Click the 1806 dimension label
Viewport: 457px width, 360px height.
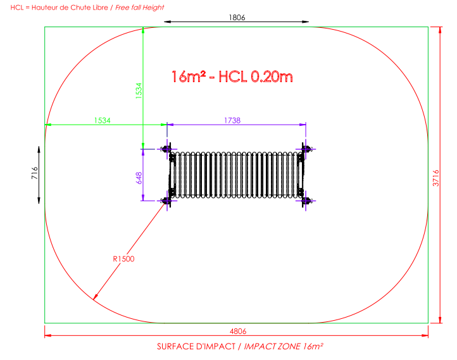tap(237, 18)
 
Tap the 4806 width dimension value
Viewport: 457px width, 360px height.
tap(238, 331)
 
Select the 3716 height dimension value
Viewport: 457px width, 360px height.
tap(435, 178)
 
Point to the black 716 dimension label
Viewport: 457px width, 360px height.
tap(35, 173)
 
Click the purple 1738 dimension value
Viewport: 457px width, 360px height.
tap(232, 120)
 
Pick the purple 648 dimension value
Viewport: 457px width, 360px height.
tap(139, 178)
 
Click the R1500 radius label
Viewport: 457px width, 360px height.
tap(123, 259)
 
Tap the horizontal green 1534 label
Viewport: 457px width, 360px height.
tap(103, 120)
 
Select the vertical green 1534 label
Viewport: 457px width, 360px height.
tap(139, 91)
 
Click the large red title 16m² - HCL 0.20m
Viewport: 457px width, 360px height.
tap(232, 77)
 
